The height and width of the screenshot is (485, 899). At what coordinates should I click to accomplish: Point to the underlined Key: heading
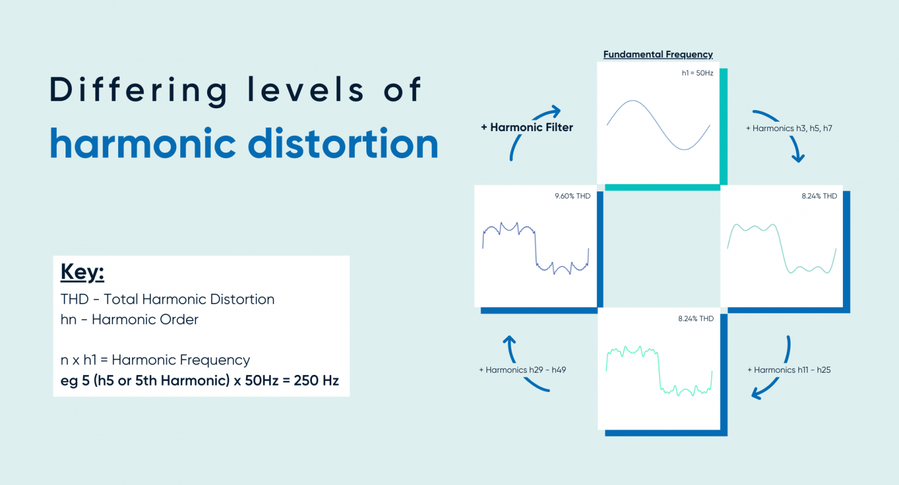[82, 272]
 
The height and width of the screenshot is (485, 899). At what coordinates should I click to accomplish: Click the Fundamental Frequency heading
[658, 54]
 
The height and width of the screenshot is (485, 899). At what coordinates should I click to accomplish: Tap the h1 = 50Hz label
[697, 73]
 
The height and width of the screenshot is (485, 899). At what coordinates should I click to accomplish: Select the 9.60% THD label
[572, 196]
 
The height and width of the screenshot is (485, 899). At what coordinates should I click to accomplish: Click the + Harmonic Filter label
[527, 128]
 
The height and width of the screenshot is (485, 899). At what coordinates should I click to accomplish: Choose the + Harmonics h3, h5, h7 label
[788, 128]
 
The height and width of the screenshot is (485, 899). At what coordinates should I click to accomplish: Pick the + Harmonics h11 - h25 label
[788, 370]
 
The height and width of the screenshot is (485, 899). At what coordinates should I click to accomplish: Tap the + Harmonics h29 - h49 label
[522, 370]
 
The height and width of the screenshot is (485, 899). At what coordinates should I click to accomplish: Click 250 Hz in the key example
[316, 381]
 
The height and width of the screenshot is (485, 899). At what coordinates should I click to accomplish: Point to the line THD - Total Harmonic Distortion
[167, 300]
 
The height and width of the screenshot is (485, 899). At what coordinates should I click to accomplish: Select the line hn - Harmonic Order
[129, 319]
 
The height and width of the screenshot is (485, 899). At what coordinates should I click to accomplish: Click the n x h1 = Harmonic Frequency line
[155, 360]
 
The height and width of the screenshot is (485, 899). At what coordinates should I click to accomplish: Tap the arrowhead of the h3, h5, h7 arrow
[798, 157]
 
